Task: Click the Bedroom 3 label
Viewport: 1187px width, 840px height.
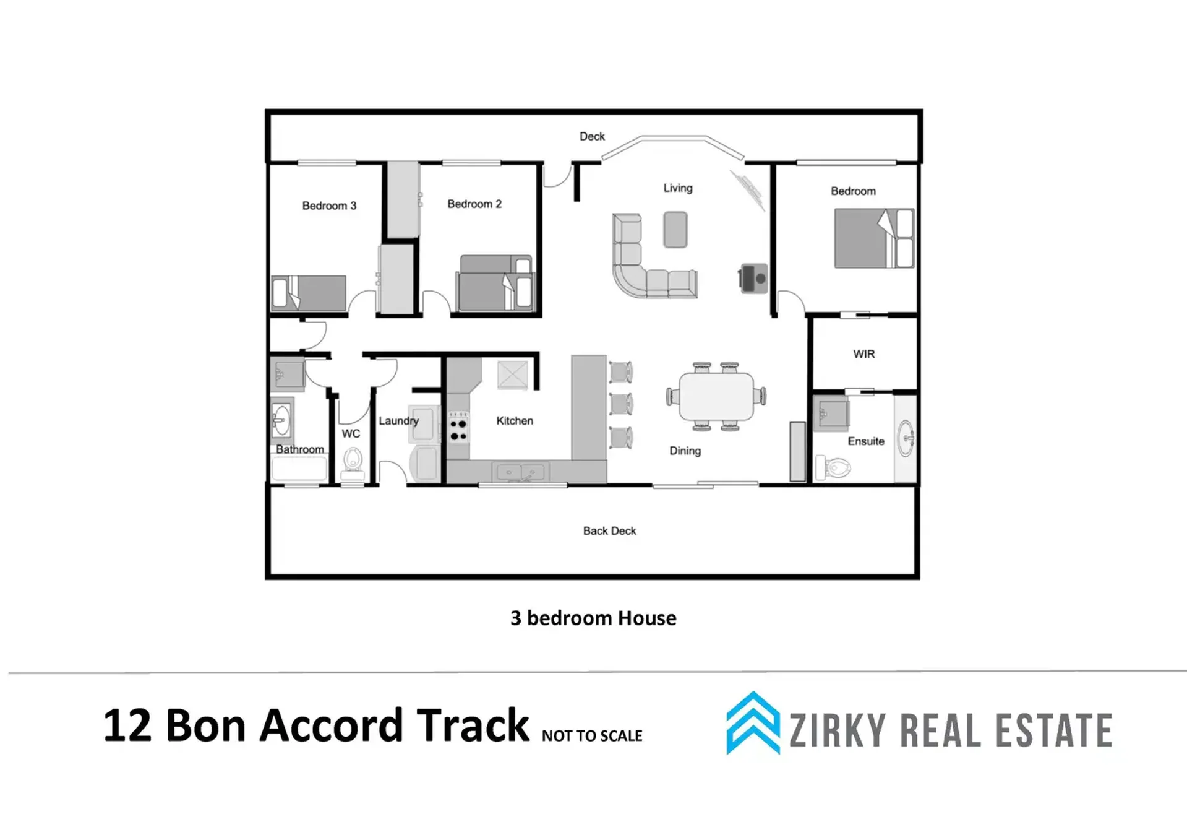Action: click(x=329, y=206)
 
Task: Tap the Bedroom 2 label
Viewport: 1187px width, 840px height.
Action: click(x=474, y=204)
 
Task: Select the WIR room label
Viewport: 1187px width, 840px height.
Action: click(x=864, y=354)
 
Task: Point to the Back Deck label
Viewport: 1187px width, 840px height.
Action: click(x=609, y=530)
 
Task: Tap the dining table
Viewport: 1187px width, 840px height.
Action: click(x=716, y=397)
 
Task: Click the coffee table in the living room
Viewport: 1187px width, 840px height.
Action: click(x=675, y=230)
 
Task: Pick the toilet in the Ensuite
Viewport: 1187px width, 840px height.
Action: click(x=833, y=467)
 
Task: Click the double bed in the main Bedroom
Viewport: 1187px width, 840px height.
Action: click(x=874, y=238)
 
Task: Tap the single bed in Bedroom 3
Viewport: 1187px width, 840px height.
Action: click(x=309, y=293)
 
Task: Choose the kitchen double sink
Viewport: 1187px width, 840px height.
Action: click(x=520, y=472)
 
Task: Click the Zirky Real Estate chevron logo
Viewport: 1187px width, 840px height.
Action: click(x=753, y=723)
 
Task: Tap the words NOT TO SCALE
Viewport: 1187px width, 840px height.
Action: click(x=592, y=735)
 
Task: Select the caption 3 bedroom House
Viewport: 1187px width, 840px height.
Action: click(x=593, y=618)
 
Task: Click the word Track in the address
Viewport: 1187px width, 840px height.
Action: click(x=473, y=725)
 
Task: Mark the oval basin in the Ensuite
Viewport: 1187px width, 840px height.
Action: click(x=906, y=438)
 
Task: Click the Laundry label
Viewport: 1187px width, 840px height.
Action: click(x=398, y=421)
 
